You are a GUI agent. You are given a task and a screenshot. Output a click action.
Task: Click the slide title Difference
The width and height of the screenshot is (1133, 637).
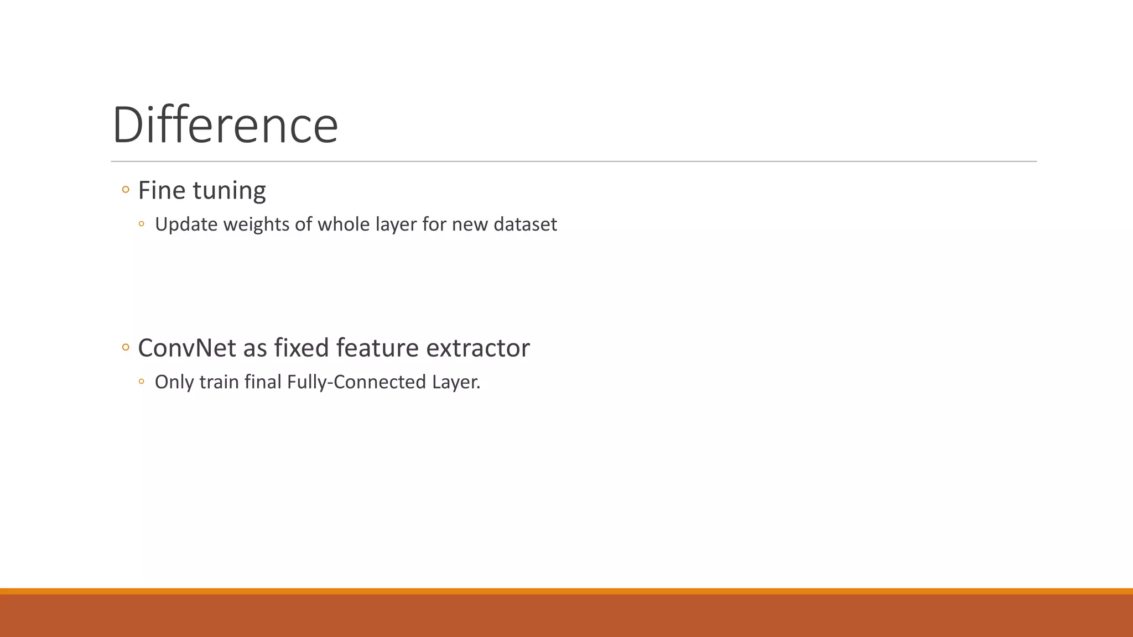coord(225,126)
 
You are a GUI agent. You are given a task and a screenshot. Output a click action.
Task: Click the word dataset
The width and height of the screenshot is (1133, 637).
coord(525,224)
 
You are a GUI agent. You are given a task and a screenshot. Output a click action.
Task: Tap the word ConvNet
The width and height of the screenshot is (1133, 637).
coord(187,348)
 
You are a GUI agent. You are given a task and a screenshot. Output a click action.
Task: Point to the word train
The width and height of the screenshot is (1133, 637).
coord(219,382)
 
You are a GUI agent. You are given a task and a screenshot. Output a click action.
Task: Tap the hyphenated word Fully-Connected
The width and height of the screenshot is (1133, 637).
coord(356,382)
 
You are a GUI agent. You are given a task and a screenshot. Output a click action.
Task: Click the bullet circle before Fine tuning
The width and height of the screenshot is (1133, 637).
coord(126,190)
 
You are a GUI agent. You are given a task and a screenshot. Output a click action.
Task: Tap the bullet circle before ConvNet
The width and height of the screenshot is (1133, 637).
coord(126,348)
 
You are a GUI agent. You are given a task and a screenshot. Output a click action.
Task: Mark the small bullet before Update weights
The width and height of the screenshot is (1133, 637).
coord(142,224)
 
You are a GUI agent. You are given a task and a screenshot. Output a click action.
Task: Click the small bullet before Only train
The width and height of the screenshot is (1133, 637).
coord(142,382)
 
